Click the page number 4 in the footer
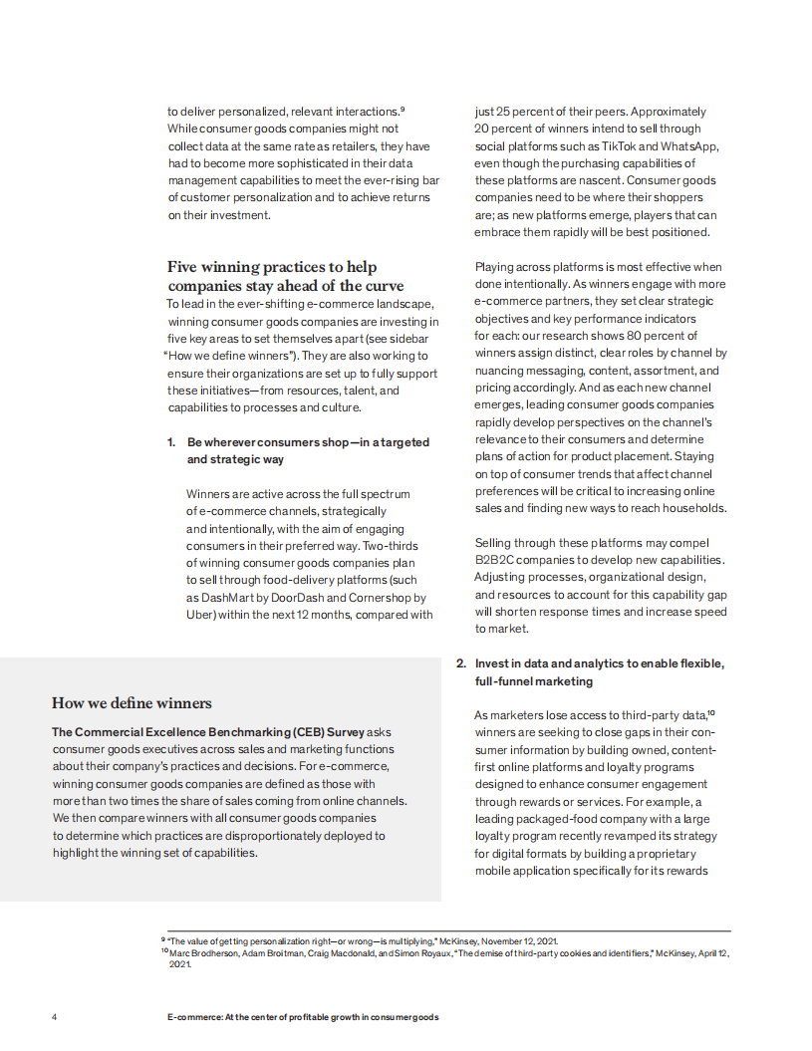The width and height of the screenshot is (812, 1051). pos(55,1017)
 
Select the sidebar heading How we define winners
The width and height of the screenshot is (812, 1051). pos(132,703)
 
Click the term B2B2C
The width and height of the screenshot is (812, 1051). pos(495,560)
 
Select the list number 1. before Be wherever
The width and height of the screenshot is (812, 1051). pos(171,441)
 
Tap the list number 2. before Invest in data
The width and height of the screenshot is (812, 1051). pos(461,663)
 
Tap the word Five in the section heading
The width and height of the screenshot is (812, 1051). pos(185,267)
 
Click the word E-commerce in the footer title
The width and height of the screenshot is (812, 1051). pos(193,1017)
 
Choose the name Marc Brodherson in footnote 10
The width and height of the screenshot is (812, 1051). pos(203,953)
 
